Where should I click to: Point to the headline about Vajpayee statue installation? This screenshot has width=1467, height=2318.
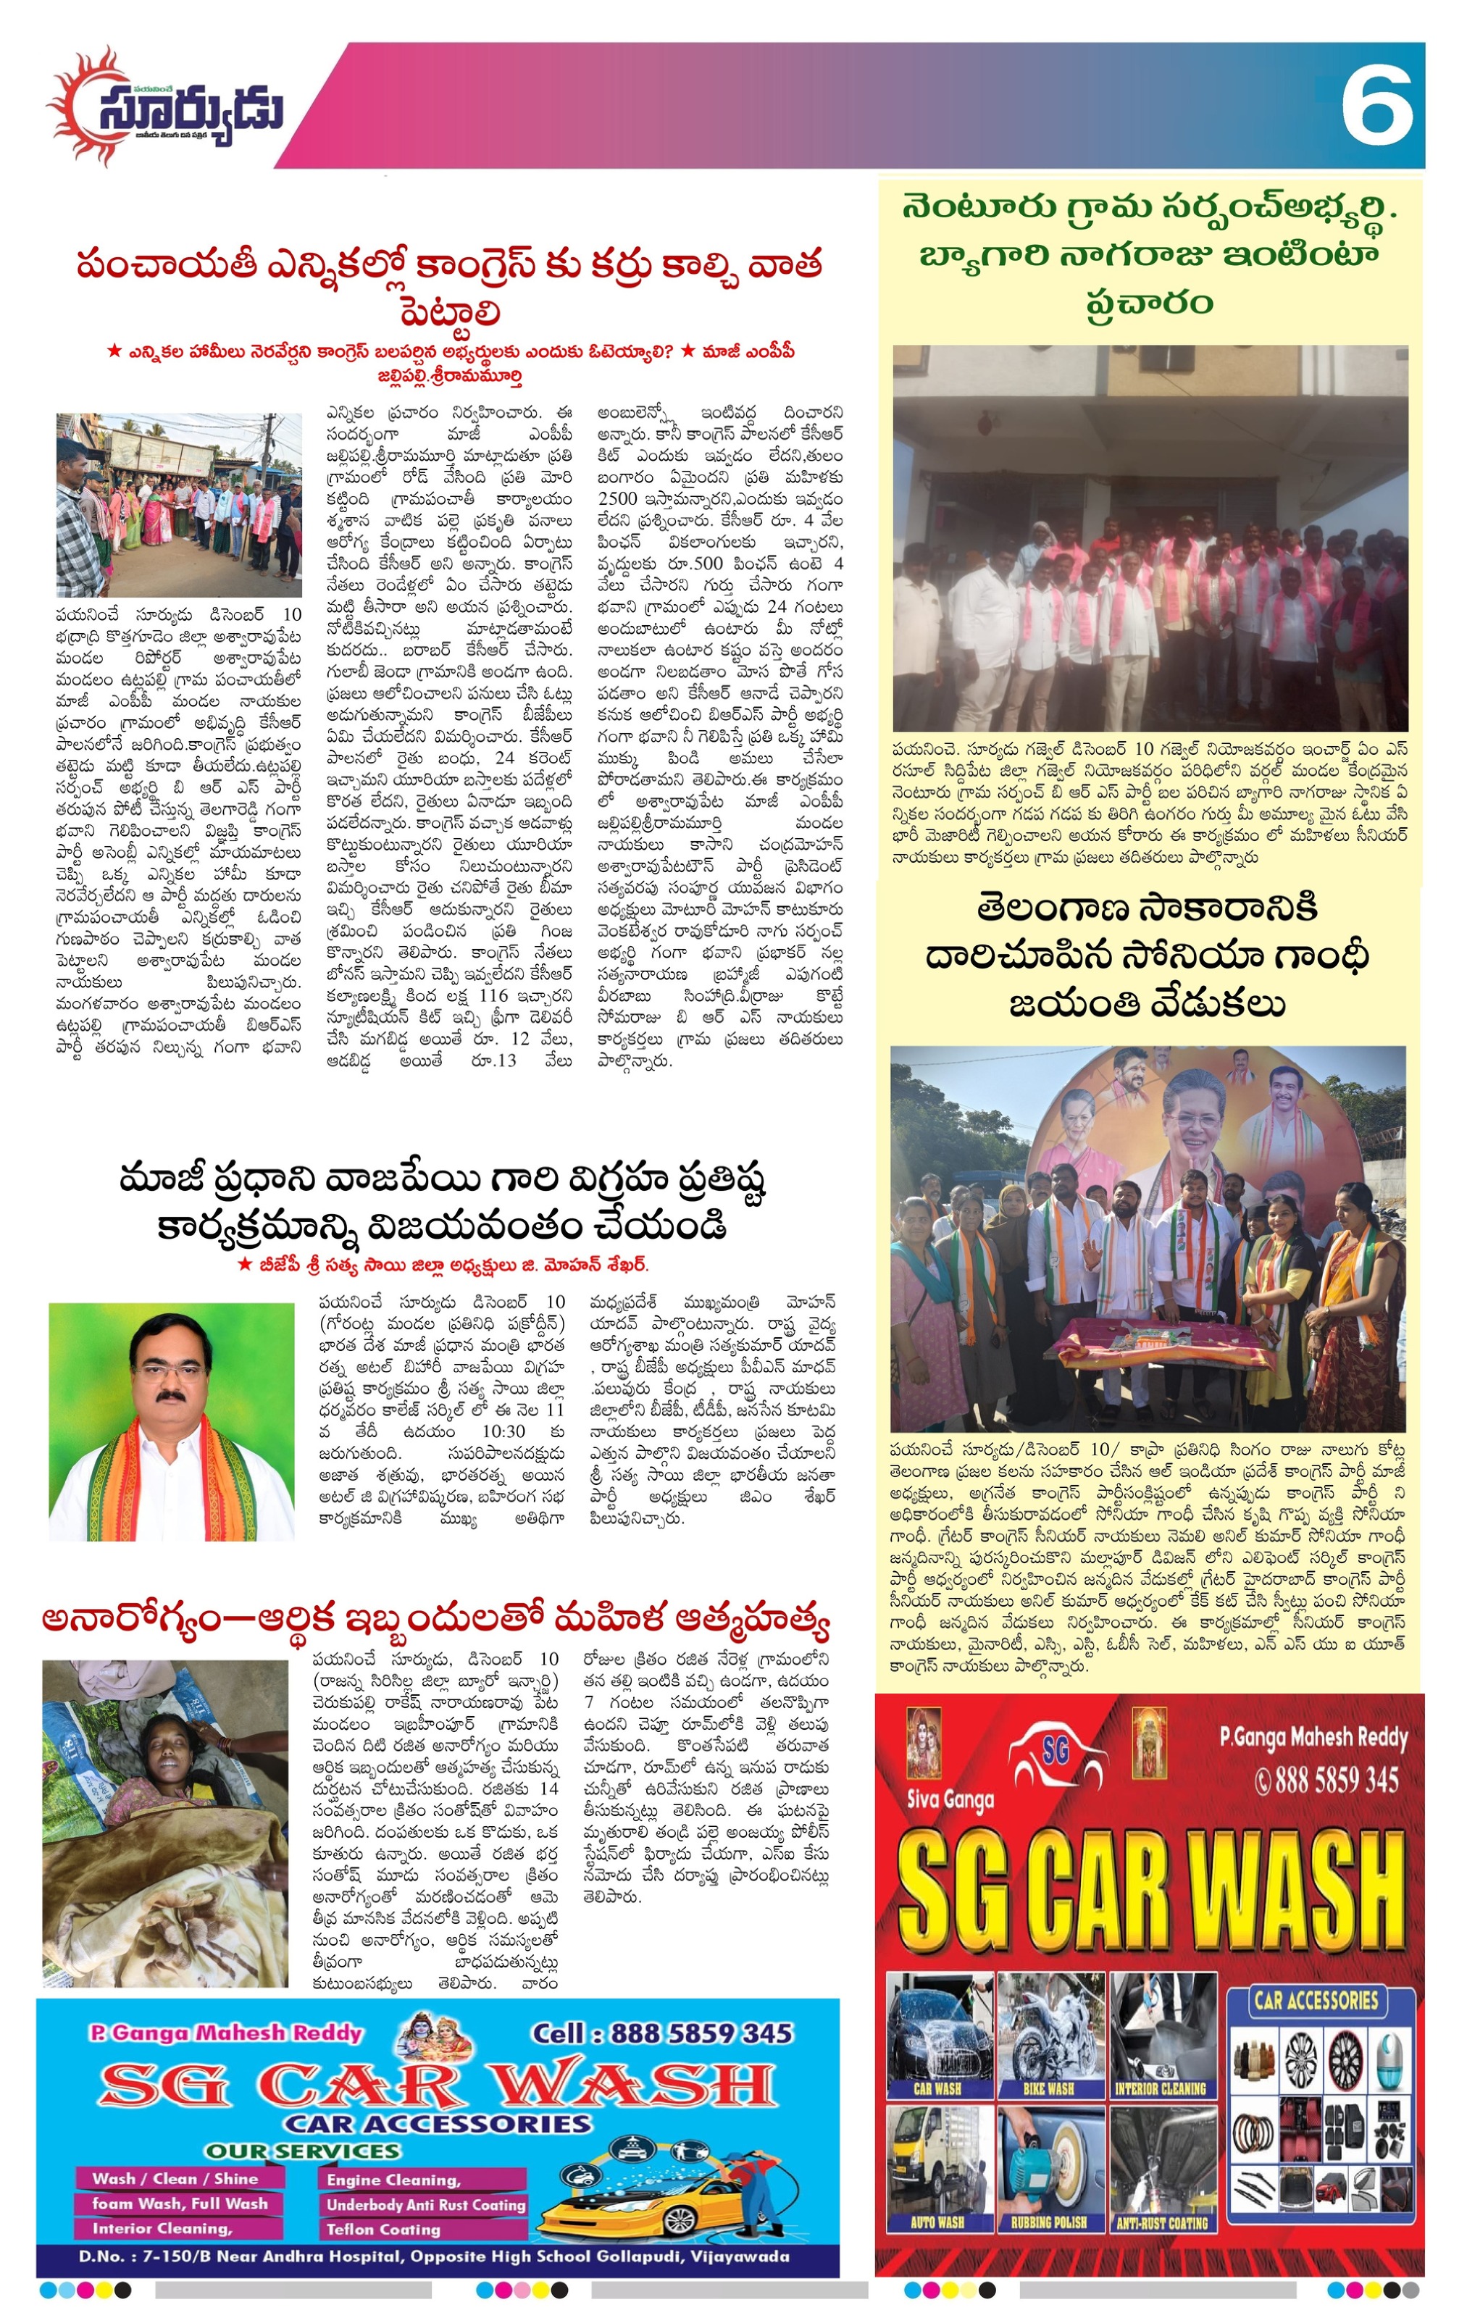(442, 1203)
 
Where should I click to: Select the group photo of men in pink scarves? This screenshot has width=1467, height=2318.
(1150, 539)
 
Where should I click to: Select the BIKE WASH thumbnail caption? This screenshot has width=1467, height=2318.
(1048, 2089)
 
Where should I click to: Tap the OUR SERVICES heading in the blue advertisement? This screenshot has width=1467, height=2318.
(301, 2151)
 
